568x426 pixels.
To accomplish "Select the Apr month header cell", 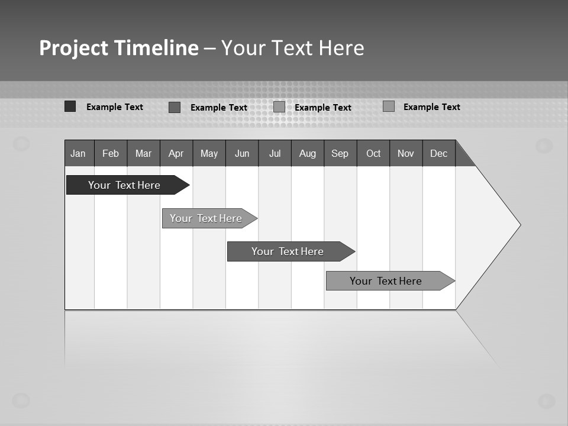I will point(176,153).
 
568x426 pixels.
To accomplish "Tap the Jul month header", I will point(275,153).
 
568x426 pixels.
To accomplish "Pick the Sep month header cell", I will point(340,153).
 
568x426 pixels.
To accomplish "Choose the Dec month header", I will point(439,153).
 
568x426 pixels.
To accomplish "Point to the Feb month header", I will point(111,153).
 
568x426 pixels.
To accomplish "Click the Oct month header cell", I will point(373,153).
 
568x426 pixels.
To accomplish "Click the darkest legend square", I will point(70,106).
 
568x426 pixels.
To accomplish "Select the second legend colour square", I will point(175,107).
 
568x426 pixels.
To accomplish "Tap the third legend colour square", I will point(279,107).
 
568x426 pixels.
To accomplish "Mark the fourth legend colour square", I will point(389,106).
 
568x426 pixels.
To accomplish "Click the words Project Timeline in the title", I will point(119,48).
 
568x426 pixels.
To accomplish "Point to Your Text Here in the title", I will point(293,48).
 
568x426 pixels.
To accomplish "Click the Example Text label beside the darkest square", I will point(115,107).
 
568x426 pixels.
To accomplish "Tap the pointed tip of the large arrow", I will point(519,225).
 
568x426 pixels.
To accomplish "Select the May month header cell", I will point(209,153).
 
